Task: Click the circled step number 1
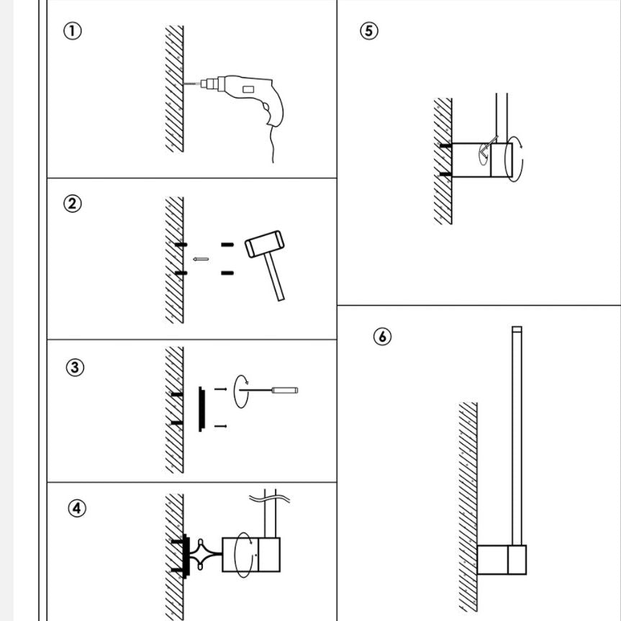tap(73, 32)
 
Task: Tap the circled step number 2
tap(73, 204)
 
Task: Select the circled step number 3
tap(75, 368)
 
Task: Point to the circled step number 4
tap(77, 508)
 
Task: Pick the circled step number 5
tap(368, 31)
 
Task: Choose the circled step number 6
tap(383, 336)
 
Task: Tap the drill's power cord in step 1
tap(272, 148)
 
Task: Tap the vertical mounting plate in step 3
tap(201, 409)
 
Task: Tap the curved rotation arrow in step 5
tap(517, 158)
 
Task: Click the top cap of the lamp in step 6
tap(516, 330)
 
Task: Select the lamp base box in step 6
tap(502, 560)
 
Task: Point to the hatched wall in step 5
tap(443, 162)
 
